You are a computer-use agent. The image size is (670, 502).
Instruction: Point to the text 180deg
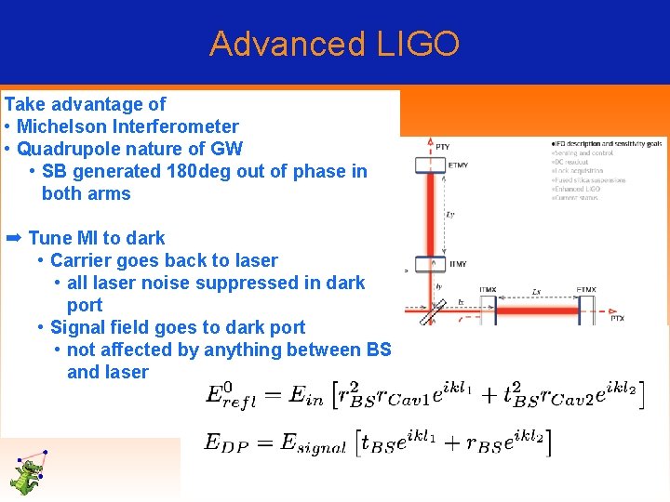pyautogui.click(x=203, y=171)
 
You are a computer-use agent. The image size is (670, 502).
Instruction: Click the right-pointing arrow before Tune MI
pyautogui.click(x=13, y=238)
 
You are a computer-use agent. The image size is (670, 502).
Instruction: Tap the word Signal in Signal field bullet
pyautogui.click(x=78, y=327)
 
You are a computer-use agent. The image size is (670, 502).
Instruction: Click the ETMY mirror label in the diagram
pyautogui.click(x=458, y=165)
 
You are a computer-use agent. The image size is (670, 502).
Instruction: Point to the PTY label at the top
pyautogui.click(x=442, y=146)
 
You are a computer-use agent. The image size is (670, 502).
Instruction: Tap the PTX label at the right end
pyautogui.click(x=617, y=319)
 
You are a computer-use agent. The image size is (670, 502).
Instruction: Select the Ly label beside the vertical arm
pyautogui.click(x=450, y=215)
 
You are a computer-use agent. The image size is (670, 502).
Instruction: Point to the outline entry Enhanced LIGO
pyautogui.click(x=578, y=189)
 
